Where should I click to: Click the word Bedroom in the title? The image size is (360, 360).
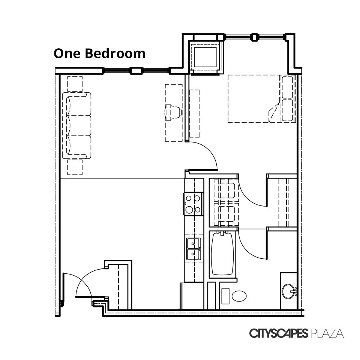tap(115, 53)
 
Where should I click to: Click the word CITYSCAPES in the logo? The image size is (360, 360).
tap(279, 333)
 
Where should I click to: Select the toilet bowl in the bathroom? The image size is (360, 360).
tap(239, 296)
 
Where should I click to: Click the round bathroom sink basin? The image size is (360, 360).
tap(289, 291)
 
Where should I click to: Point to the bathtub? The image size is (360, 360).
tap(222, 254)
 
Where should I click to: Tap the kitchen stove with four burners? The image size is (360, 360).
tap(193, 204)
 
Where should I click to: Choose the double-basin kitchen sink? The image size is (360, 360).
tap(193, 249)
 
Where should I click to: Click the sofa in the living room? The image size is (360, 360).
tap(76, 125)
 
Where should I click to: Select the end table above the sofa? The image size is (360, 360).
tap(75, 84)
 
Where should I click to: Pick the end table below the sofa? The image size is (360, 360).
tap(75, 167)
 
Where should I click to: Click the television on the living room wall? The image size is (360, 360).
tap(174, 112)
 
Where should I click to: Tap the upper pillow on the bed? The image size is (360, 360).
tap(287, 87)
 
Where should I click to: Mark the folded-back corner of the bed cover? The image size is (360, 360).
tap(274, 112)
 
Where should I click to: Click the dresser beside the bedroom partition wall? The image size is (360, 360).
tap(194, 113)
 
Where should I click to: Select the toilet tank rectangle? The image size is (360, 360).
tap(225, 296)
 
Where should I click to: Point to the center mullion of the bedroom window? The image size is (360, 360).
tap(254, 37)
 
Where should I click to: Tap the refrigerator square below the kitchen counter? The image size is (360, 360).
tap(192, 296)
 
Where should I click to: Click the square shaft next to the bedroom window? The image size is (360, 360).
tap(205, 57)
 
